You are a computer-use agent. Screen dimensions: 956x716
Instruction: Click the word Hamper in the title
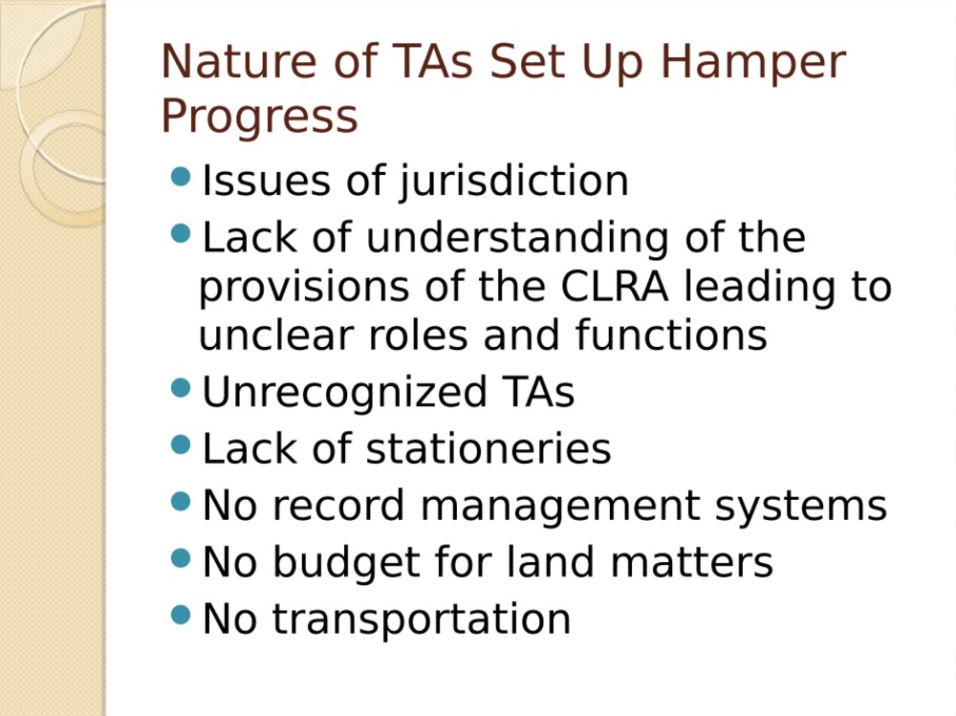[x=753, y=64]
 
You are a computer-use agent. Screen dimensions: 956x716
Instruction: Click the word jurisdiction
[x=513, y=183]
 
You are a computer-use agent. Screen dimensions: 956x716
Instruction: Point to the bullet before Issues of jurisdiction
[x=181, y=177]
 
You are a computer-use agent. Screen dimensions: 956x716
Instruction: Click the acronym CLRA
[x=614, y=286]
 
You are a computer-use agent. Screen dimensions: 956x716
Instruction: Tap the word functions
[x=671, y=335]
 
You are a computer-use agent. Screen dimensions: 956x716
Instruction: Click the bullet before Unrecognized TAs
[x=181, y=387]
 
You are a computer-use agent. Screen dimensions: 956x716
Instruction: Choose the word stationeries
[x=489, y=449]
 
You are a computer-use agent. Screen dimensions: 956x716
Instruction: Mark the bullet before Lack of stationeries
[x=181, y=444]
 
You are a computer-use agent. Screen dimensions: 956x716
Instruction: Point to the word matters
[x=691, y=562]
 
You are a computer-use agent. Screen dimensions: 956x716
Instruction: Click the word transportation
[x=422, y=620]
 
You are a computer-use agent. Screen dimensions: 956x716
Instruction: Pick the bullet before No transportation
[x=181, y=614]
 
